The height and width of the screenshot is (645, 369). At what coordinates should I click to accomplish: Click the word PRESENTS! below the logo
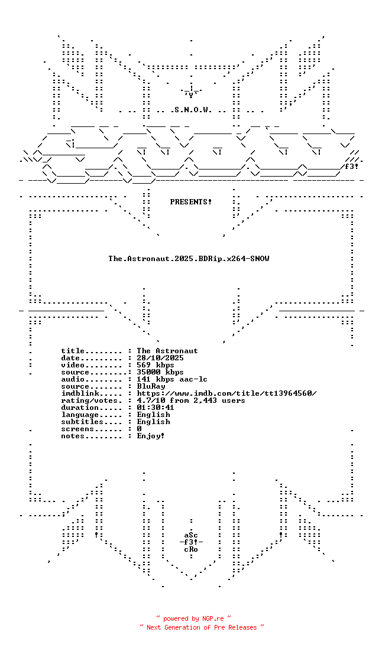[191, 202]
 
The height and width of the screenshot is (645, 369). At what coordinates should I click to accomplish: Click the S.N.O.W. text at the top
[191, 110]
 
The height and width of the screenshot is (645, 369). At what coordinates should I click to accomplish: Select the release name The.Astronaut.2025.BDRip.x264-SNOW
[189, 259]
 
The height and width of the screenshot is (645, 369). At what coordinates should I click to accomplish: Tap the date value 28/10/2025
[160, 358]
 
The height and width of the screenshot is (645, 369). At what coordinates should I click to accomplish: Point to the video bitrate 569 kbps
[156, 365]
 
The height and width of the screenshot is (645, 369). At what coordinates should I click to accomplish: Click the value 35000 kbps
[160, 372]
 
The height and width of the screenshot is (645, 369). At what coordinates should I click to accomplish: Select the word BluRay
[151, 386]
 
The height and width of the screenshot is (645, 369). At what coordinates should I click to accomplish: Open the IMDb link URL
[227, 393]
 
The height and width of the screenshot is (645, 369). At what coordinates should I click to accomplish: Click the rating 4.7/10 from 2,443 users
[191, 400]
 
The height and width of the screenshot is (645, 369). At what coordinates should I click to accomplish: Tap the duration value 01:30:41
[156, 408]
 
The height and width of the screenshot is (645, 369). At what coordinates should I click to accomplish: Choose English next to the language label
[154, 415]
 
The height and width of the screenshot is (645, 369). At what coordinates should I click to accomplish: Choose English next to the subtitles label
[154, 422]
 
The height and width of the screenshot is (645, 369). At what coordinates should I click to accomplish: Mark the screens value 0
[139, 429]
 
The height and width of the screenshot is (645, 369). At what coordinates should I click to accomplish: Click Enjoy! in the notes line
[151, 436]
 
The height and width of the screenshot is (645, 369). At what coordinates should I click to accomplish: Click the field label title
[73, 351]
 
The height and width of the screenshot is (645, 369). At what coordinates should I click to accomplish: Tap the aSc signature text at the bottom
[191, 535]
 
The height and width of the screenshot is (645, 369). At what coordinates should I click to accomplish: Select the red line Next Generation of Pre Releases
[202, 627]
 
